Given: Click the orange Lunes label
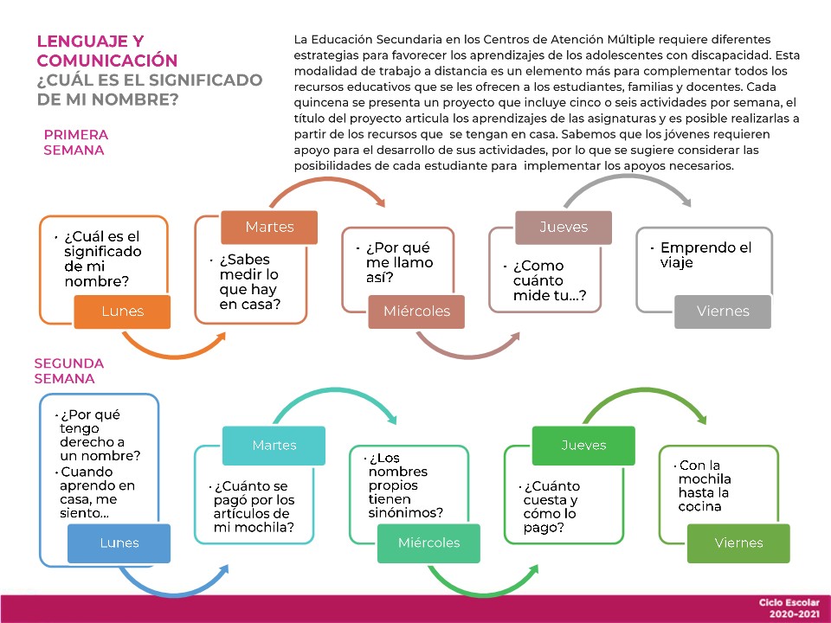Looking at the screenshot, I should point(122,311).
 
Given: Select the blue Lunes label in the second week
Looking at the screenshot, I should point(119,543).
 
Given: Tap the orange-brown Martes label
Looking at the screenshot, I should point(269,227).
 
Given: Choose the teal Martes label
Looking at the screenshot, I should point(274,445).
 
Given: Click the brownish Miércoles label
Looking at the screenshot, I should point(415,311).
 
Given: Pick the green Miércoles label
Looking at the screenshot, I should point(428,543).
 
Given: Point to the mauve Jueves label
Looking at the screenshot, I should point(564,227).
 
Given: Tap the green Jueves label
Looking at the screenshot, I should point(583,445).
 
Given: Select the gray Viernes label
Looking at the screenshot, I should point(723,311).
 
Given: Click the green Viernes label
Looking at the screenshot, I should point(738,543).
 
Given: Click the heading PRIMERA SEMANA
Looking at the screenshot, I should point(76,143).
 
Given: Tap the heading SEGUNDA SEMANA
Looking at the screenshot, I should point(69,371).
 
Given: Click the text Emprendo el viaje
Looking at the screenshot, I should point(705,255).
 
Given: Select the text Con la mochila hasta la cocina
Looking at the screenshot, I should point(705,485).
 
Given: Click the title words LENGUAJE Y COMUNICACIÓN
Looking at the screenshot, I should point(107,51).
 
